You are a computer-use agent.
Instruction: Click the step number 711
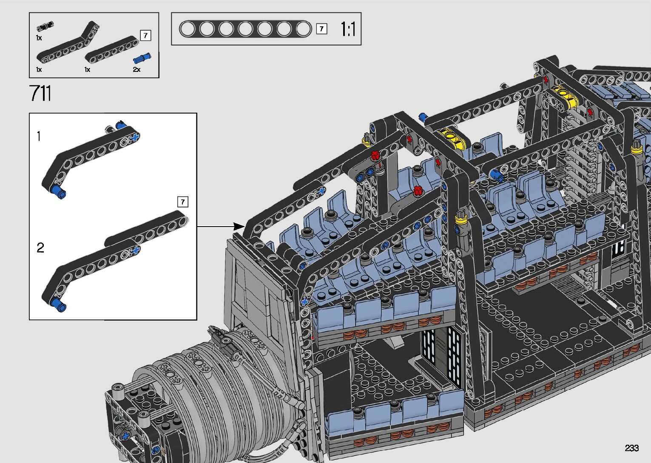pyautogui.click(x=40, y=93)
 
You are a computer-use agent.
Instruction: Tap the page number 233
pyautogui.click(x=631, y=448)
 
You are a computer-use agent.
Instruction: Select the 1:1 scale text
pyautogui.click(x=348, y=29)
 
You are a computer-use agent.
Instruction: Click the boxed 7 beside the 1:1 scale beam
pyautogui.click(x=321, y=29)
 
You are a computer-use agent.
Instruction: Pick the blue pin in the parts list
pyautogui.click(x=142, y=58)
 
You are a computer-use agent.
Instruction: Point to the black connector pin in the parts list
pyautogui.click(x=45, y=26)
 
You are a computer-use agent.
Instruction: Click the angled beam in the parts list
pyautogui.click(x=68, y=43)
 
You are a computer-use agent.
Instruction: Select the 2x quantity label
pyautogui.click(x=136, y=69)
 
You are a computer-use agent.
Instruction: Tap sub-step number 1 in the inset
pyautogui.click(x=39, y=136)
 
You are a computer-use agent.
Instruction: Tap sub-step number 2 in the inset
pyautogui.click(x=40, y=247)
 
